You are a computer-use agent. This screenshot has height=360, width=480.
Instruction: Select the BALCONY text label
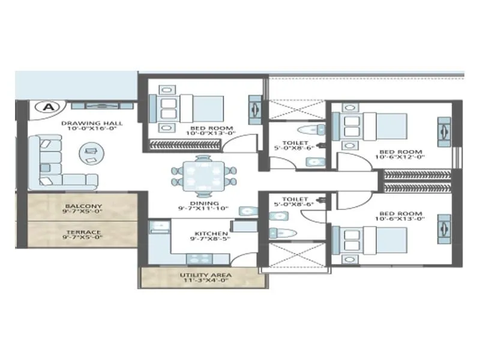[83, 206]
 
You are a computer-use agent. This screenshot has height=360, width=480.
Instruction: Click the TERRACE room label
[83, 232]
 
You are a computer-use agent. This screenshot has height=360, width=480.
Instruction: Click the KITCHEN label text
[210, 233]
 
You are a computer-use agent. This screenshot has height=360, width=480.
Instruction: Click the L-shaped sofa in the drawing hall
[54, 162]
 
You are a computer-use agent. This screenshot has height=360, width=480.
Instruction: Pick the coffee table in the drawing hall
[91, 152]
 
